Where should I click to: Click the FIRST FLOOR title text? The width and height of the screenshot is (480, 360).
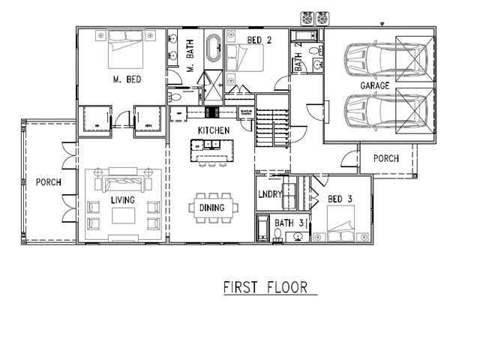point(265,288)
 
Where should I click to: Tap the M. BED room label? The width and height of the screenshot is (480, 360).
point(127,79)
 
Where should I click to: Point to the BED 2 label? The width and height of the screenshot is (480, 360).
point(259,40)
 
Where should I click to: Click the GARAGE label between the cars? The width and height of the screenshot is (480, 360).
point(375,86)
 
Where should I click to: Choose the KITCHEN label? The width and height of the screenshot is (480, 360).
point(213,130)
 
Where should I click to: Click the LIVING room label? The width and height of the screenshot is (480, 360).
point(122,200)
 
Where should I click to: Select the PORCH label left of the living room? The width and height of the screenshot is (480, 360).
point(49,182)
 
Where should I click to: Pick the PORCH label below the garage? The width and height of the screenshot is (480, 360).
point(386,159)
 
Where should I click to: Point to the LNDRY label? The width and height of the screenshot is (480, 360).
point(268,195)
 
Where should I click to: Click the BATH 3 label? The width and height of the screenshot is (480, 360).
point(289,223)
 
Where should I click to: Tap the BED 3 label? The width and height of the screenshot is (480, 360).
point(340,199)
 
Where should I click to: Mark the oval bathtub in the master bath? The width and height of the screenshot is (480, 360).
point(214,46)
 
